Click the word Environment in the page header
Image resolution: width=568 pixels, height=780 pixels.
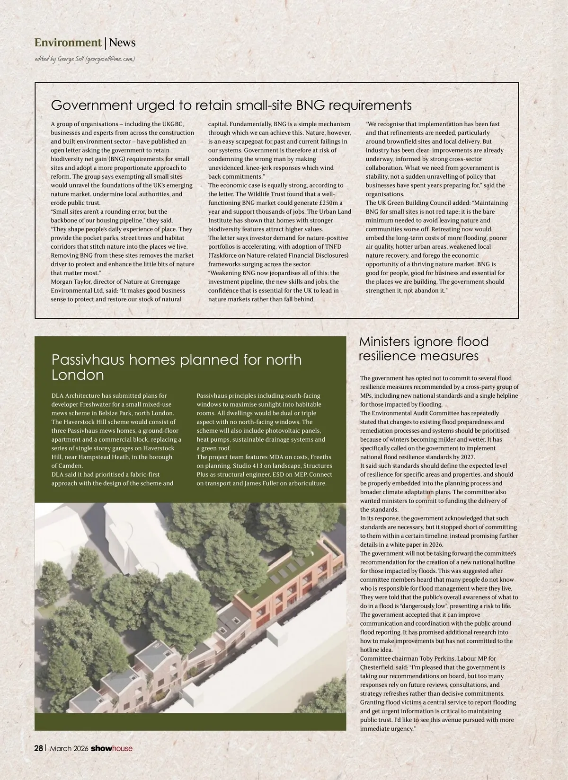[x=68, y=43]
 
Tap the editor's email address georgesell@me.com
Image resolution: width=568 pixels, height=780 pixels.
[x=110, y=59]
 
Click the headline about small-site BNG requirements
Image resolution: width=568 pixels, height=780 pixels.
[x=231, y=105]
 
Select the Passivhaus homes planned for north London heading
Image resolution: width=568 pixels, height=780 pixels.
[x=176, y=367]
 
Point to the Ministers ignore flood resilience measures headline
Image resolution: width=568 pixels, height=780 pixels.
[x=423, y=349]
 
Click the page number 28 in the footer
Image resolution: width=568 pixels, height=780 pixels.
[x=38, y=748]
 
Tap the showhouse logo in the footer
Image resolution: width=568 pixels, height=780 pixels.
[x=112, y=748]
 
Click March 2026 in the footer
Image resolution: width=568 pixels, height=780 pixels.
[x=69, y=748]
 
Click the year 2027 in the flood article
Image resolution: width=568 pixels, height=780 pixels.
[x=466, y=457]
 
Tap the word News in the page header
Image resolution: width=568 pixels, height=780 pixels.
[x=122, y=43]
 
